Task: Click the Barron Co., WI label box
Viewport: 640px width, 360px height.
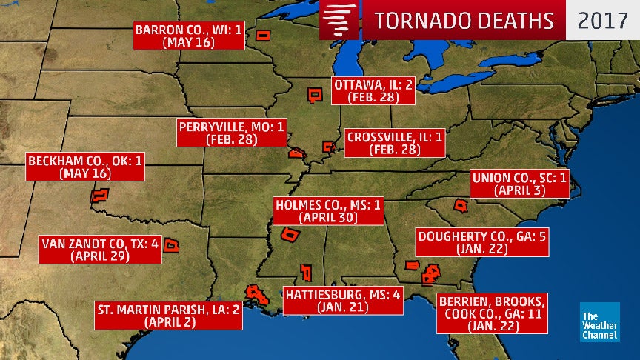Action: pos(189,36)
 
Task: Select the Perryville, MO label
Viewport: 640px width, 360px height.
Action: pos(231,133)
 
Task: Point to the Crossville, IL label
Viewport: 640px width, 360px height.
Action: pos(394,142)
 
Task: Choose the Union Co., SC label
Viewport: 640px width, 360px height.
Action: pos(521,184)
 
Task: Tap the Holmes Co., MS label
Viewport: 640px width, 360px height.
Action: pos(327,211)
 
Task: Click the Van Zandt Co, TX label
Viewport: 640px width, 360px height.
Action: pos(100,250)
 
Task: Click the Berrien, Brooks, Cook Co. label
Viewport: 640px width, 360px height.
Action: pos(493,315)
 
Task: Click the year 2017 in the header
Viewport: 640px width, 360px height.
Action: pos(602,20)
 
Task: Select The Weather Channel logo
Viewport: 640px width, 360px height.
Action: pos(600,322)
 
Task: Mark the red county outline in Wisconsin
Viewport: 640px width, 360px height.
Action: pos(262,36)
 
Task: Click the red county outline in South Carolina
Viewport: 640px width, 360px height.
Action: pos(461,205)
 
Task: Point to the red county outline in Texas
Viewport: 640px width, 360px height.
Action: pos(172,245)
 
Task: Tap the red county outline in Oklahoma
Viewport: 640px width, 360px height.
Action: pos(99,196)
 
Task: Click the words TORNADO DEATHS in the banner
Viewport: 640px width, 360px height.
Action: pos(464,20)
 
